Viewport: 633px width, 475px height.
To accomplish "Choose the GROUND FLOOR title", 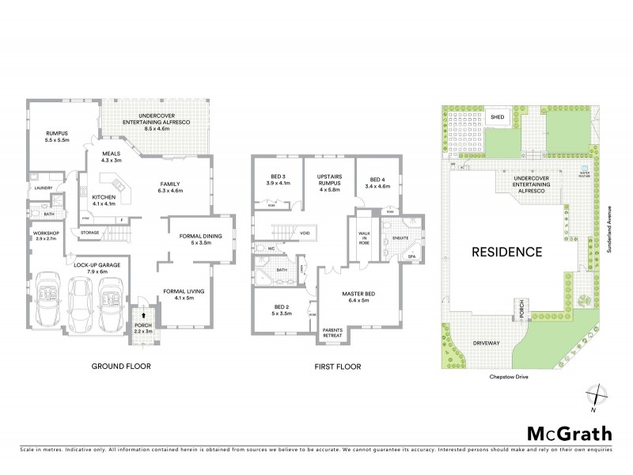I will (x=120, y=367).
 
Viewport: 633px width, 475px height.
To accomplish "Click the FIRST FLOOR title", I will (x=337, y=367).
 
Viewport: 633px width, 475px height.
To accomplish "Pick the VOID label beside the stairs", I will (x=305, y=234).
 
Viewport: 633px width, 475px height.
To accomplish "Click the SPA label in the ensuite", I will (x=411, y=256).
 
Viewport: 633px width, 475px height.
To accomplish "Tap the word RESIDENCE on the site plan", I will (x=506, y=253).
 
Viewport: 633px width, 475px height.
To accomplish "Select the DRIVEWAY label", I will (x=486, y=344).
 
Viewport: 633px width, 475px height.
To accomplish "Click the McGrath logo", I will (x=569, y=433).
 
